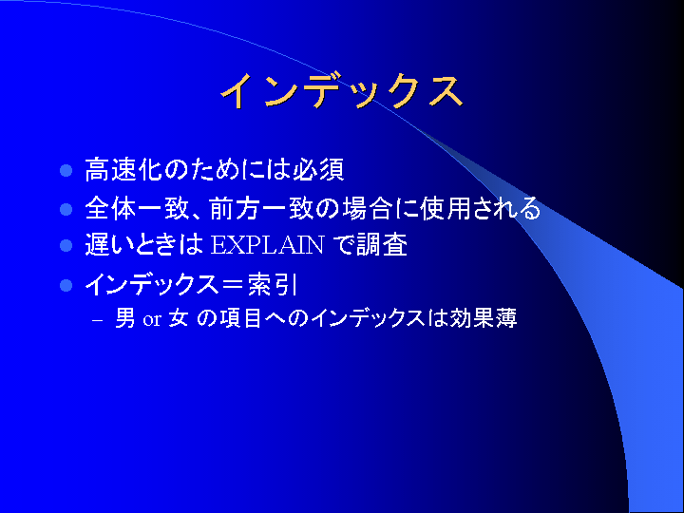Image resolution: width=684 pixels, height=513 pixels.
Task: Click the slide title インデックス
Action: [342, 91]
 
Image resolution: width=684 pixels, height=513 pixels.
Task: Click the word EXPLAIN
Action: [267, 245]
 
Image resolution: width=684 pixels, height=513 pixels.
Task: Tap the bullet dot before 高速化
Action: [66, 170]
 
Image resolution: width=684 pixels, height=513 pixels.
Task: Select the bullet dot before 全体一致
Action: [66, 209]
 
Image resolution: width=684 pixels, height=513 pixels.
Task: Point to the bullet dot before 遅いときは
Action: [66, 245]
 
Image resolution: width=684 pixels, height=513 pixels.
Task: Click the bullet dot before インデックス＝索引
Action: [66, 285]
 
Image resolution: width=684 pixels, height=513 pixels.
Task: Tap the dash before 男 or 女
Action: [98, 320]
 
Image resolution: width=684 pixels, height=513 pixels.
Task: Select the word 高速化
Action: [123, 169]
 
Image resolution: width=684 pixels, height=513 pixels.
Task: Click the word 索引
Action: [273, 285]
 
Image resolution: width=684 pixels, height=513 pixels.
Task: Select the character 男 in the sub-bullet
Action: [125, 318]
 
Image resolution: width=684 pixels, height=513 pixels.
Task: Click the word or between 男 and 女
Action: [152, 320]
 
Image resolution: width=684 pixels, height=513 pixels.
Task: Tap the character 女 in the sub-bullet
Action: [179, 318]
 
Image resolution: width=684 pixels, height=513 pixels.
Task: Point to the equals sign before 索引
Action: [233, 285]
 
